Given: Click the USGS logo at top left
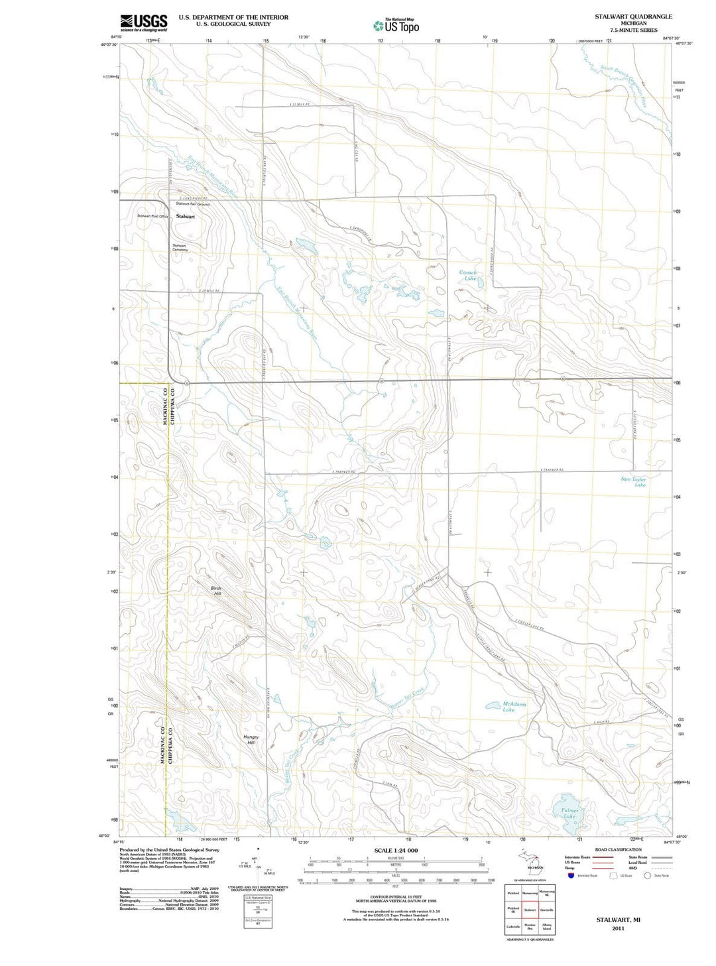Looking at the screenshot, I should [143, 23].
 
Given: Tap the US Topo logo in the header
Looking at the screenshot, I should [396, 26].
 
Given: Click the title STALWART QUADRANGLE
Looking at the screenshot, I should [633, 16].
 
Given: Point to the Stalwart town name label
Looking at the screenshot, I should [186, 217].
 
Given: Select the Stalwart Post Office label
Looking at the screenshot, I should [152, 216].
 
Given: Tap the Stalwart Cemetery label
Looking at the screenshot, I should [180, 247].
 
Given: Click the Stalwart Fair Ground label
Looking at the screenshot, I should [194, 204].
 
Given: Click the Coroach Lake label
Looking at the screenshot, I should [469, 275].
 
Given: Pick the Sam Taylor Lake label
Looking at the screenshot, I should [633, 481].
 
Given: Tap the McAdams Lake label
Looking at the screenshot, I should [514, 707].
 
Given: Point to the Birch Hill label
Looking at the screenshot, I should [217, 591].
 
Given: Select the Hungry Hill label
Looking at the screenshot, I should [251, 740].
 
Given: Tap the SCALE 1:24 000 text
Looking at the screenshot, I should [396, 850].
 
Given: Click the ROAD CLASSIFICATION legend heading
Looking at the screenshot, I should [618, 849].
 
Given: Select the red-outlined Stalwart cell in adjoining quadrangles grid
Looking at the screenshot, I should [530, 910].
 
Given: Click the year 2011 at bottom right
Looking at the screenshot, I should [618, 928].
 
